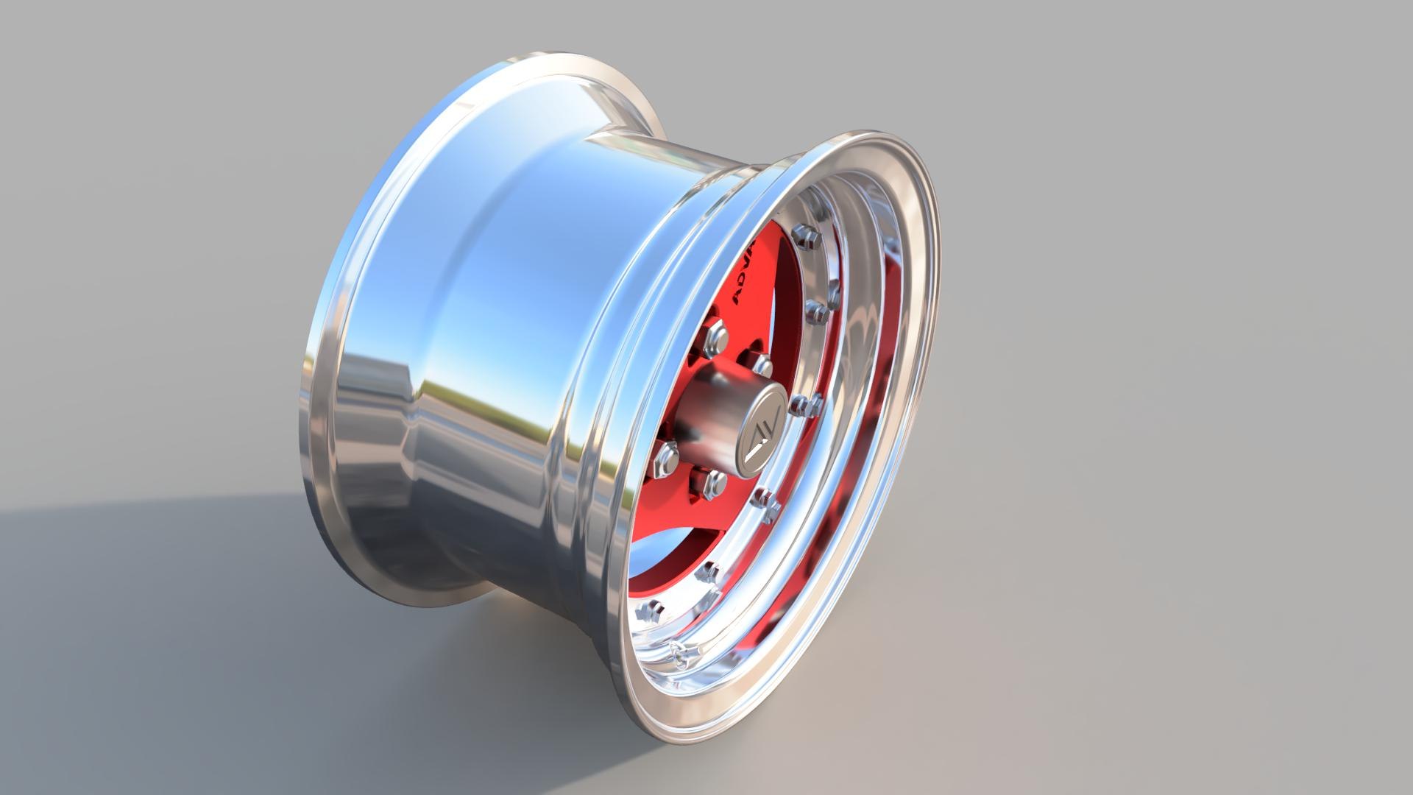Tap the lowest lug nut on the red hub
coord(712,482)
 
